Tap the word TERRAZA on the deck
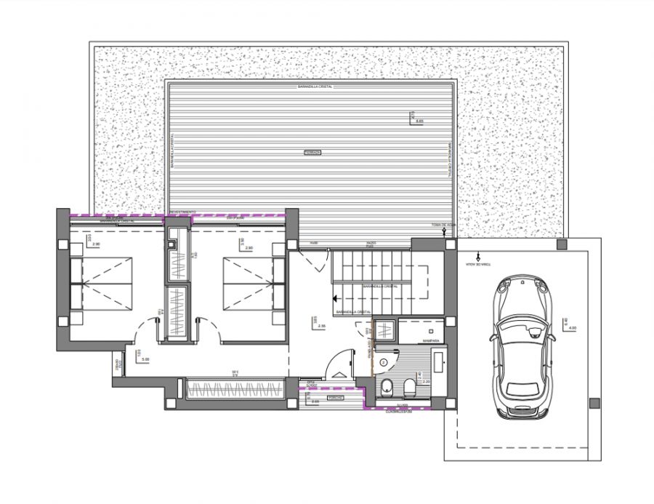(x=312, y=153)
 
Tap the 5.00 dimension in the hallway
(x=145, y=359)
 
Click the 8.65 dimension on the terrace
(x=419, y=121)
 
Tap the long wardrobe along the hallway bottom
(x=234, y=390)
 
